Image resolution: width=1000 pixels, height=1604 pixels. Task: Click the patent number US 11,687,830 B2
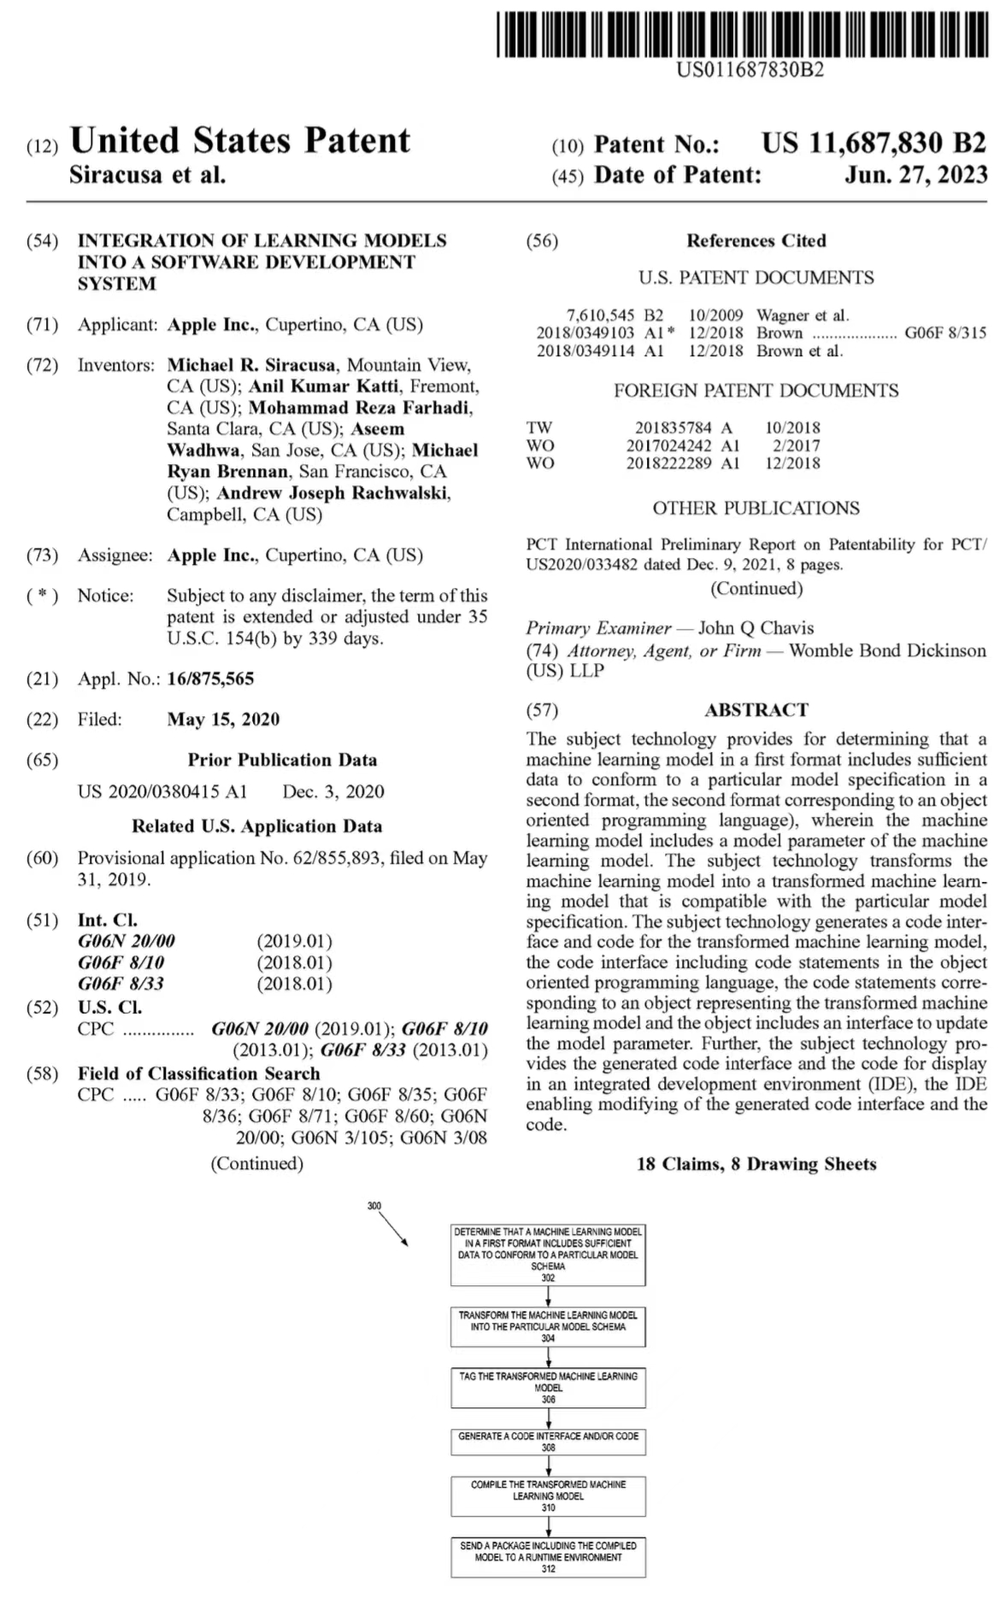(874, 143)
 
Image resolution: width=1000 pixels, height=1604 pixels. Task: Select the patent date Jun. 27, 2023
(915, 175)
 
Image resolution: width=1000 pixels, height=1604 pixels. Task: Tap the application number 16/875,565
(210, 679)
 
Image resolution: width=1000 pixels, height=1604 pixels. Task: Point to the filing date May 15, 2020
(223, 720)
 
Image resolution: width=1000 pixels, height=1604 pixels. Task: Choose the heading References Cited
(756, 241)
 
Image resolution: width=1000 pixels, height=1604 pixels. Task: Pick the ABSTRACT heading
(756, 710)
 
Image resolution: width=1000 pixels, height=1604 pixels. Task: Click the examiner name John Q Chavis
(756, 628)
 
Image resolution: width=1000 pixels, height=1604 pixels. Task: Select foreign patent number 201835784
(673, 427)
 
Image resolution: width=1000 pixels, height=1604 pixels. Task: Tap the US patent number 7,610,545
(600, 315)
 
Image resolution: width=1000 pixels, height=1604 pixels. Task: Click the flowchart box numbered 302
(548, 1254)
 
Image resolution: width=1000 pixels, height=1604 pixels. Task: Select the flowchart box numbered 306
(548, 1388)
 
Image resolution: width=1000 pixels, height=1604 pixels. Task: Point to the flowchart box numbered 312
(548, 1557)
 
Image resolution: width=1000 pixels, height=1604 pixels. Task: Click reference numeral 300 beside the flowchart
(374, 1206)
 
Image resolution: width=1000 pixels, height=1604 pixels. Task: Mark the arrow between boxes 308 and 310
(548, 1466)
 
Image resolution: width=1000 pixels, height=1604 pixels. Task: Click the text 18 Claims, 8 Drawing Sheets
(756, 1164)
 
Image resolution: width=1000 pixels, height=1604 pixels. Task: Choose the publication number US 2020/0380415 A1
(162, 792)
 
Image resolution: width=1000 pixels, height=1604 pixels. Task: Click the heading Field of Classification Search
(198, 1073)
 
